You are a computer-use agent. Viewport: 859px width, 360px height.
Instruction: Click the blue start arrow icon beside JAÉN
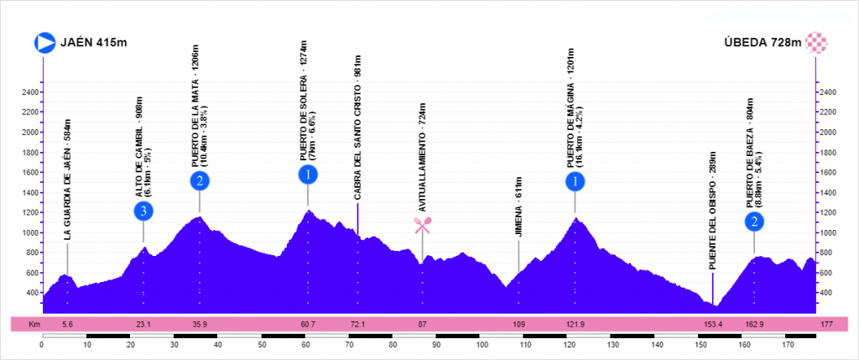coord(44,42)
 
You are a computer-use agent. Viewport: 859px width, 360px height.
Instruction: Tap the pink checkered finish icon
coord(816,42)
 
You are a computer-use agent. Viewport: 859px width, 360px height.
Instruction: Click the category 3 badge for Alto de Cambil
coord(144,211)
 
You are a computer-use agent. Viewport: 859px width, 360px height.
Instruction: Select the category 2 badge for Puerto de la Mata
coord(199,180)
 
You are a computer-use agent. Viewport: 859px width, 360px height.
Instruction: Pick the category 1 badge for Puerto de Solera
coord(308,175)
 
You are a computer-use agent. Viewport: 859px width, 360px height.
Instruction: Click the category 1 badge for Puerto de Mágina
coord(575,180)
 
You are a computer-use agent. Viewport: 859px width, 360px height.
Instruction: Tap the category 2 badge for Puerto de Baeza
coord(755,222)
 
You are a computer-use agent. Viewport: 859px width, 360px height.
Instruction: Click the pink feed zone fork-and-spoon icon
coord(422,224)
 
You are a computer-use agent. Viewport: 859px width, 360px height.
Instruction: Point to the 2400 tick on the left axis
coord(30,91)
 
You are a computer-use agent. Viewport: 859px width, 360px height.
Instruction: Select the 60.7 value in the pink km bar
coord(308,324)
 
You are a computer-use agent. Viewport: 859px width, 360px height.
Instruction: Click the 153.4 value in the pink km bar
coord(713,324)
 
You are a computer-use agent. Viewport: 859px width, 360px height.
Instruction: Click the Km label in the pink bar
coord(34,324)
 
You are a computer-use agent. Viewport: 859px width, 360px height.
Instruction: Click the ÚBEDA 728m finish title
coord(763,43)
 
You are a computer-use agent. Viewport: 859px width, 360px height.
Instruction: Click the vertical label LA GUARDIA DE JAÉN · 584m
coord(67,180)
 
